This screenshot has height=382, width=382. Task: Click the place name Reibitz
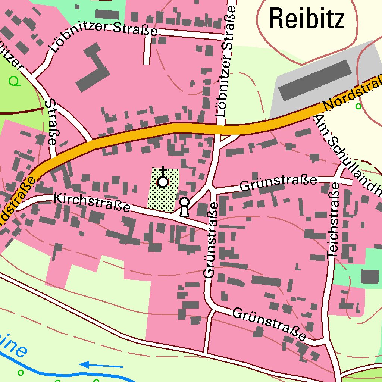pos(306,19)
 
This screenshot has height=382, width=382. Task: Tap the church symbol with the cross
pos(163,181)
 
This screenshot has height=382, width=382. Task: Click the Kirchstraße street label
pos(92,203)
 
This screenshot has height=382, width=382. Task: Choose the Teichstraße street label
pos(333,220)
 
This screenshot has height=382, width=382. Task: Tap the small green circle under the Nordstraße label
pos(358,107)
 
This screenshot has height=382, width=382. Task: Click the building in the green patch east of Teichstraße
pos(370,276)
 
